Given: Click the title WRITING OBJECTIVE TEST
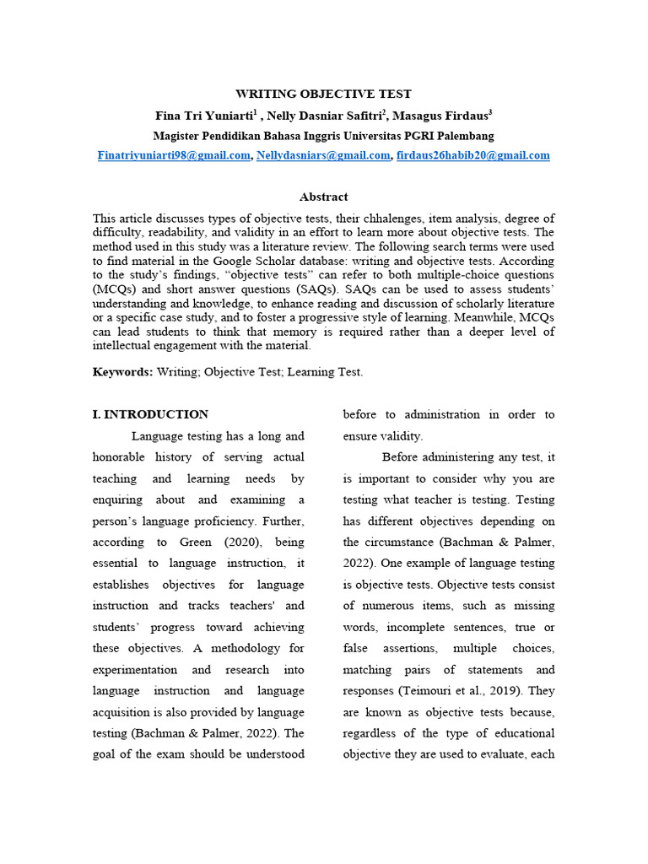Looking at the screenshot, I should pyautogui.click(x=324, y=94).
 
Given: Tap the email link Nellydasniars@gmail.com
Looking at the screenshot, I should pyautogui.click(x=323, y=155).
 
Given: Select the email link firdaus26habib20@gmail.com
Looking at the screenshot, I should pyautogui.click(x=473, y=155).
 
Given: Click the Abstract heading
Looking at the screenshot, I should pyautogui.click(x=324, y=197).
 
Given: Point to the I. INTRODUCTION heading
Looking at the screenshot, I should pyautogui.click(x=150, y=414).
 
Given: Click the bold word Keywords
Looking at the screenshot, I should pyautogui.click(x=122, y=371).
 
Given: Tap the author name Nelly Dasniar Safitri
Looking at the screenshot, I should pyautogui.click(x=326, y=116).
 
